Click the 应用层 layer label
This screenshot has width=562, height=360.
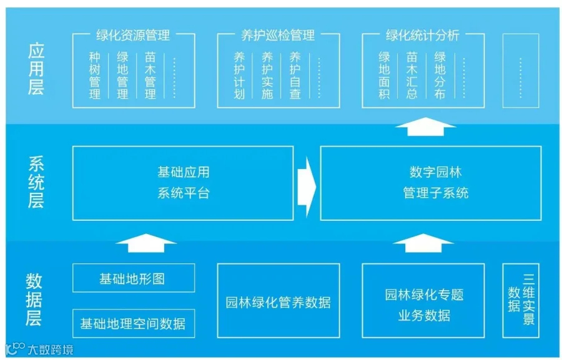36,69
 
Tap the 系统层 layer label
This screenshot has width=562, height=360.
36,182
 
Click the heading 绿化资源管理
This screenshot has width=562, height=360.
134,35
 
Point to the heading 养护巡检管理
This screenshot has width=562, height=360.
278,35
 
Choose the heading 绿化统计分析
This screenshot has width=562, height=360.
423,35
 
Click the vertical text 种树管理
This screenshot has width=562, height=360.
95,75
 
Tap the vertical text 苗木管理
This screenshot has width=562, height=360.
150,75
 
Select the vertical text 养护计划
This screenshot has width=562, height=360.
239,75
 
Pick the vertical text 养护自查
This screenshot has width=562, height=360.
295,75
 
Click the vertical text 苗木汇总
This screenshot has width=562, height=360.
412,75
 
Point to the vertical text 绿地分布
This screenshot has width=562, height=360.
440,75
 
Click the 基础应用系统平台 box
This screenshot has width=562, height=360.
183,183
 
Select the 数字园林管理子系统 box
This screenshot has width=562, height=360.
431,183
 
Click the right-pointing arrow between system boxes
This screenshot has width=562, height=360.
306,187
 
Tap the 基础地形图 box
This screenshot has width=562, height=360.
134,278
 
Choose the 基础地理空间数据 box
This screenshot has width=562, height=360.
134,323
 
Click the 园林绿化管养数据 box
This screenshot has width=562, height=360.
279,301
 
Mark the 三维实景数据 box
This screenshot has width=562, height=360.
521,301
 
